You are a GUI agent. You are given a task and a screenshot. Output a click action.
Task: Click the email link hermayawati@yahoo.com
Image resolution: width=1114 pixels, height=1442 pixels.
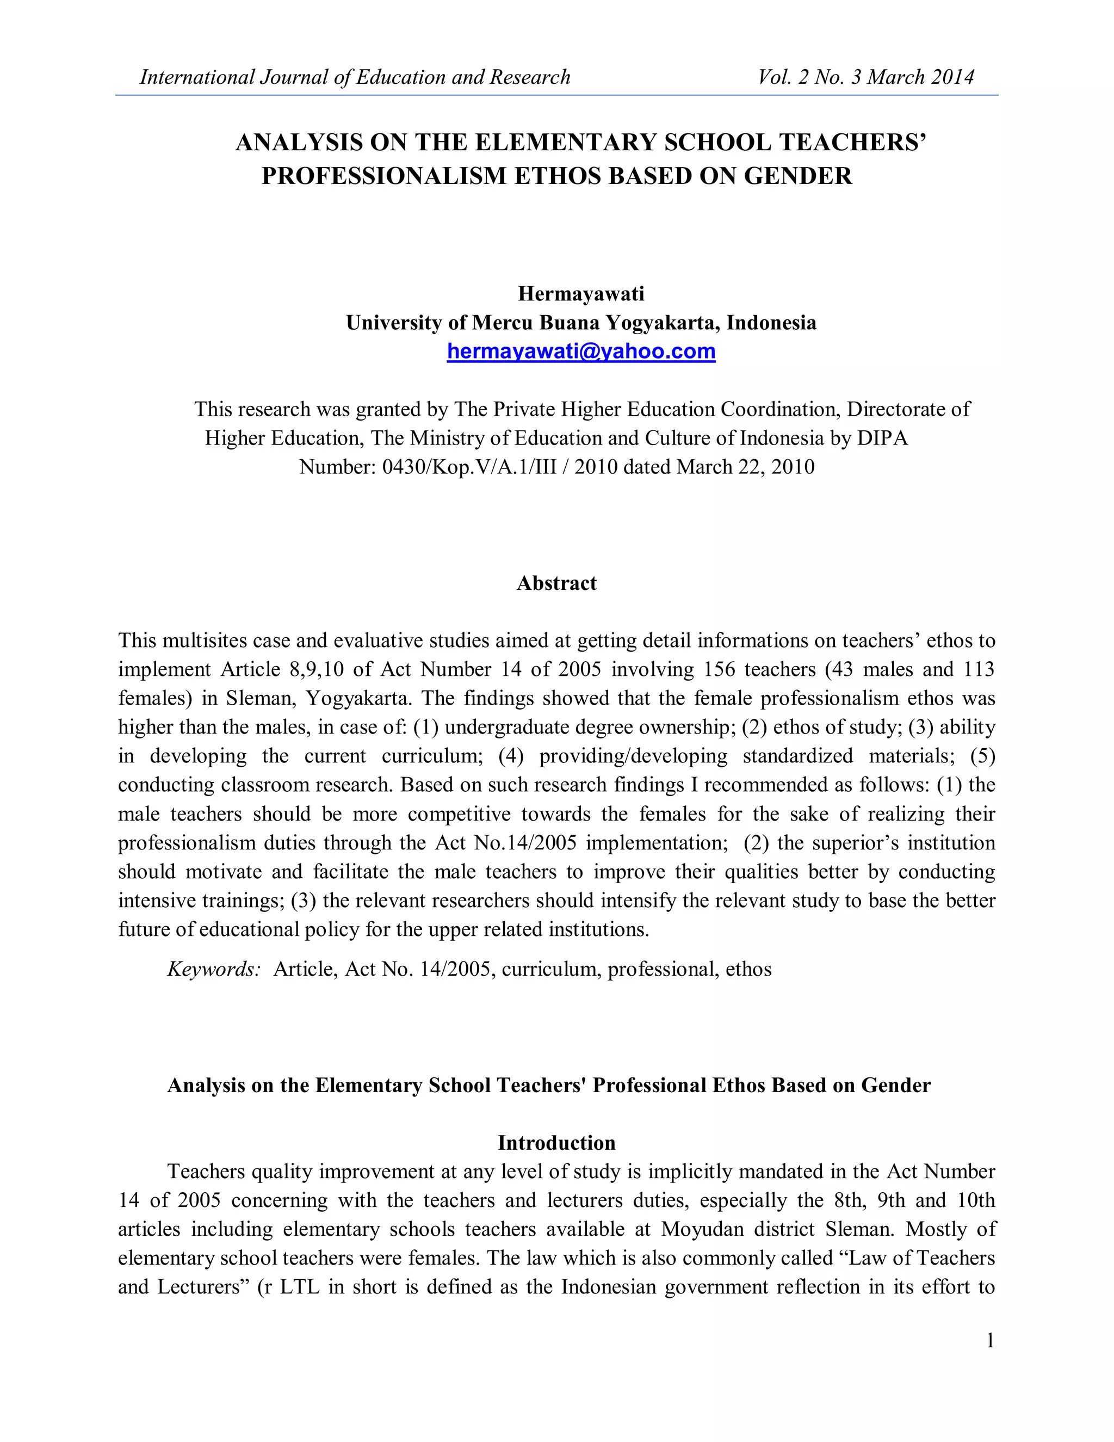point(581,352)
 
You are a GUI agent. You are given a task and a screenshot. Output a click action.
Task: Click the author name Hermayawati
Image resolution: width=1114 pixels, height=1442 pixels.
point(581,293)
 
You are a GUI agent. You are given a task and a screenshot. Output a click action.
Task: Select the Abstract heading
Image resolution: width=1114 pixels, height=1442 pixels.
point(556,583)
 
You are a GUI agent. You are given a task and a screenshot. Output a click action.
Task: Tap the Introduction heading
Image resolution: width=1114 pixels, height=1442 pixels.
point(556,1143)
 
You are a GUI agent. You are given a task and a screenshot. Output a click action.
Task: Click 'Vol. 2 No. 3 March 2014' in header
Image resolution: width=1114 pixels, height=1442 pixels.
point(866,77)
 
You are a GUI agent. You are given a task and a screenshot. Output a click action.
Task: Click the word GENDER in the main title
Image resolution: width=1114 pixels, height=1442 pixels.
point(798,176)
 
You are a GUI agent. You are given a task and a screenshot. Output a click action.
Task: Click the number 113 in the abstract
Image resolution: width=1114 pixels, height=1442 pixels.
point(978,669)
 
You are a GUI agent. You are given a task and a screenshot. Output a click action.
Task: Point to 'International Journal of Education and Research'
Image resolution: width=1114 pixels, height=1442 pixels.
point(355,77)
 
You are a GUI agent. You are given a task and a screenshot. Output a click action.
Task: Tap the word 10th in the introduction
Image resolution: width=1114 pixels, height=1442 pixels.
point(975,1200)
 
